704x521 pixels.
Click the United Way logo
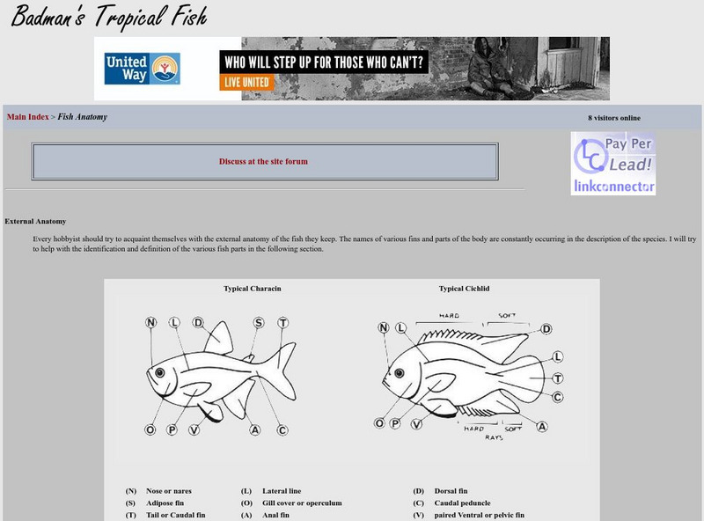tap(143, 69)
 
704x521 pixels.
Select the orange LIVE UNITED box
tap(246, 82)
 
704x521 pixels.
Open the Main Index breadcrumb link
tap(28, 117)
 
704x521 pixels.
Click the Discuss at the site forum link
tap(263, 161)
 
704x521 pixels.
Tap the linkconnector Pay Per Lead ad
tap(612, 164)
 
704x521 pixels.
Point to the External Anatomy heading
tap(35, 221)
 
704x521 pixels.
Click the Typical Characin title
tap(253, 289)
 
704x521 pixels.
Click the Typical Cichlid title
tap(465, 289)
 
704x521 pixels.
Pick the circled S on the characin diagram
tap(259, 322)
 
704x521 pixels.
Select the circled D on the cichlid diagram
tap(546, 329)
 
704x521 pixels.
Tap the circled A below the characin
tap(255, 429)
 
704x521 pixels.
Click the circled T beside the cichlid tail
tap(558, 378)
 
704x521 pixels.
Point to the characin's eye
tap(160, 372)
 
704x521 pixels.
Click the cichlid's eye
tap(399, 373)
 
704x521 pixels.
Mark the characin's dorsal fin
tap(218, 339)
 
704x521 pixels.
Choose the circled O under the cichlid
tap(379, 423)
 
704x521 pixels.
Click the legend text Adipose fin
tap(165, 503)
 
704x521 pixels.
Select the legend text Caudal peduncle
tap(463, 503)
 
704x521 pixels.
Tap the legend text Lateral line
tap(282, 491)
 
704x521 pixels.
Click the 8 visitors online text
tap(614, 118)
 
